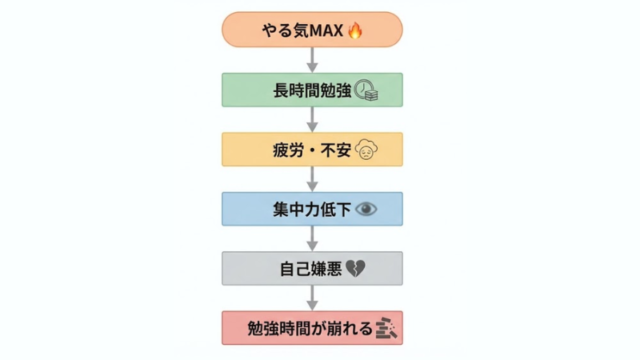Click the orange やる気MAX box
pos(250,30)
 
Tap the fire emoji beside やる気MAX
pos(355,31)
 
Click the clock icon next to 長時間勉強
pos(366,90)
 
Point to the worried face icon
pos(367,150)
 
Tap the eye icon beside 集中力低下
pos(366,209)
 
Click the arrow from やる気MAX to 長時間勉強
pos(312,59)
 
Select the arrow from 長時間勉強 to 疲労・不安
pos(312,119)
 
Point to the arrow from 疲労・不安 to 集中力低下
pos(312,179)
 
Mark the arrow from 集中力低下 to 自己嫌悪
pos(312,238)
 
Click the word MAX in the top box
pos(326,31)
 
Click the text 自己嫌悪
pos(311,269)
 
